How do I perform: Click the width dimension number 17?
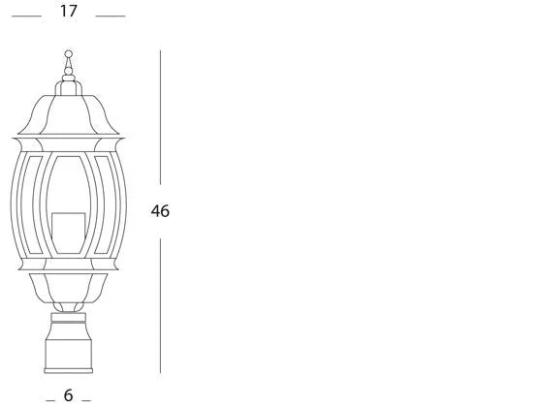click(x=69, y=11)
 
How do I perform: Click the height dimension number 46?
click(x=160, y=211)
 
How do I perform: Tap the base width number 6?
click(x=69, y=395)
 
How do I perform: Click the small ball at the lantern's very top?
click(x=69, y=54)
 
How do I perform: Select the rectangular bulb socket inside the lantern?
click(x=69, y=233)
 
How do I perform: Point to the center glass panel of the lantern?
click(x=69, y=204)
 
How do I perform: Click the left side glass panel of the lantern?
click(x=30, y=204)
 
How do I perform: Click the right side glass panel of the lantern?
click(x=107, y=204)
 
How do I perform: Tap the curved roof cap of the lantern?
click(x=69, y=114)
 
